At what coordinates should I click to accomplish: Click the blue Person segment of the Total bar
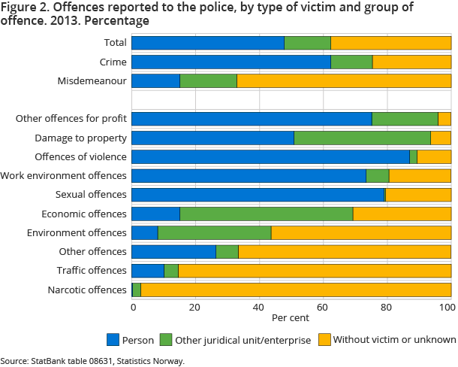tap(208, 43)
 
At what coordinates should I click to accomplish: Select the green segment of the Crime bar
tap(351, 62)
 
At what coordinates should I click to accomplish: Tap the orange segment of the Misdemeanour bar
tap(344, 80)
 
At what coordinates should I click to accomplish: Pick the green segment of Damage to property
tap(362, 138)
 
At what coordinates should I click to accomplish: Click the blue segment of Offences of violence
tap(270, 156)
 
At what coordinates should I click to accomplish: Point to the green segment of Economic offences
tap(266, 214)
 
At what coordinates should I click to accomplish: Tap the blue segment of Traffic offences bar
tap(148, 271)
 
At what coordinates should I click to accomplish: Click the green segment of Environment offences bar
tap(214, 232)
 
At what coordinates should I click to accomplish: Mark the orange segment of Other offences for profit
tap(444, 119)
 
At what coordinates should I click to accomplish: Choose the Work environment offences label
tap(64, 176)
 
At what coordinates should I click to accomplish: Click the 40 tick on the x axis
tap(259, 307)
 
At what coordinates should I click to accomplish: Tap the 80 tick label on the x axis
tap(386, 307)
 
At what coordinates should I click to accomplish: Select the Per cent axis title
tap(291, 318)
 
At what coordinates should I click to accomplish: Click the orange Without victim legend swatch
tap(324, 339)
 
